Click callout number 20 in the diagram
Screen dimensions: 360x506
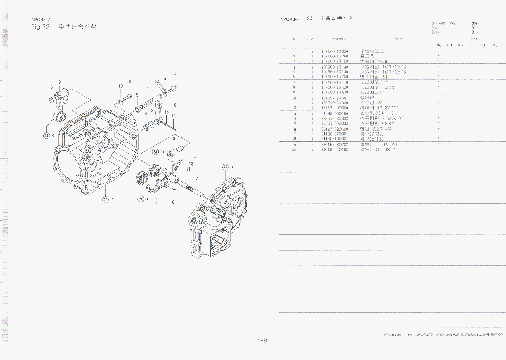tap(175, 74)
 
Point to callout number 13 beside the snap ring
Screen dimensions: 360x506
tap(51, 87)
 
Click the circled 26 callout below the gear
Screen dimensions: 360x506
tap(141, 199)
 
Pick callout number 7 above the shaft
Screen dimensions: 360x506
tap(148, 89)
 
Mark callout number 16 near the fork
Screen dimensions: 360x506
tap(172, 202)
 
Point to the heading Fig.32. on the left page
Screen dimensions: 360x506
tap(41, 27)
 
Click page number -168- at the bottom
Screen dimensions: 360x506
tap(262, 340)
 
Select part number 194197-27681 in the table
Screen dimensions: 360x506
tap(335, 98)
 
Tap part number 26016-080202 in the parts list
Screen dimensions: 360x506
tap(335, 145)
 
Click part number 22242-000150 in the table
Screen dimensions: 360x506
tap(335, 113)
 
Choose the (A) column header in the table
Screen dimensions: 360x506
tap(439, 45)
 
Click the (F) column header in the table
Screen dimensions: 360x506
tap(495, 45)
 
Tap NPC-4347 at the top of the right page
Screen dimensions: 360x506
tap(290, 19)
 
